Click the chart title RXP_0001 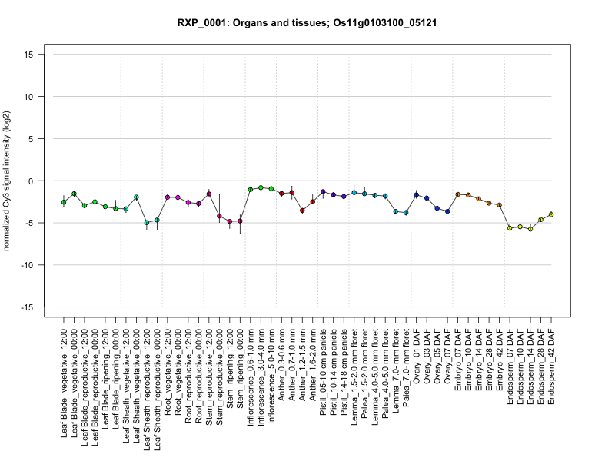(x=307, y=23)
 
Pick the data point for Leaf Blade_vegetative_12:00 (x=64, y=201)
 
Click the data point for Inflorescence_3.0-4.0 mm (x=261, y=187)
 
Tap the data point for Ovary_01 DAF (x=416, y=195)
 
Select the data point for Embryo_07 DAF (x=457, y=194)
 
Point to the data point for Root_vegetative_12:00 (x=168, y=197)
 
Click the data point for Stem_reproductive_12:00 (x=209, y=194)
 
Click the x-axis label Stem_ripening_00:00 (x=241, y=367)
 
